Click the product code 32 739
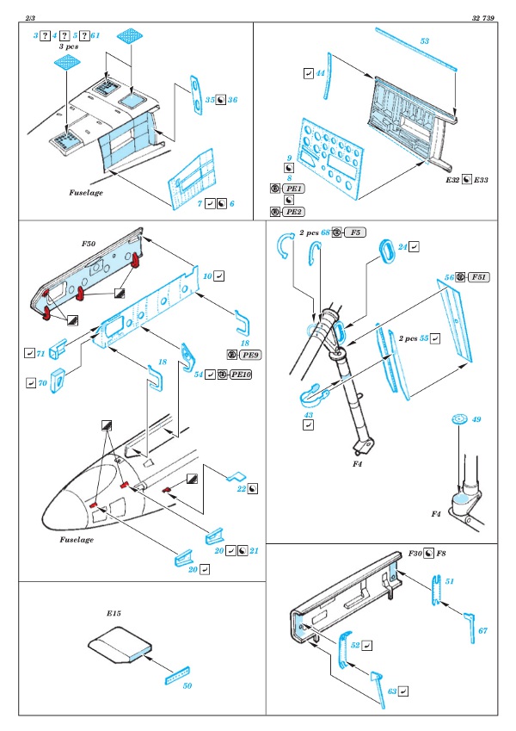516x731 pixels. [483, 17]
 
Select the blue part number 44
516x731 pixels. [320, 75]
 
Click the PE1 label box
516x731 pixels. [294, 189]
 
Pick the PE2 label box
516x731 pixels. [294, 211]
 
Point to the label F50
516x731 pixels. [89, 245]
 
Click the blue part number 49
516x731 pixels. [476, 420]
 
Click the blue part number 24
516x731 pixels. [402, 246]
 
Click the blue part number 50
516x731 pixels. [187, 686]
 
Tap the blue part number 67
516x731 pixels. [482, 631]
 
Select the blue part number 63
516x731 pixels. [392, 691]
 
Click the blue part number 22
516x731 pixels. [242, 488]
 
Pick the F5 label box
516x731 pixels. [357, 233]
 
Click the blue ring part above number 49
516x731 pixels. [458, 419]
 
